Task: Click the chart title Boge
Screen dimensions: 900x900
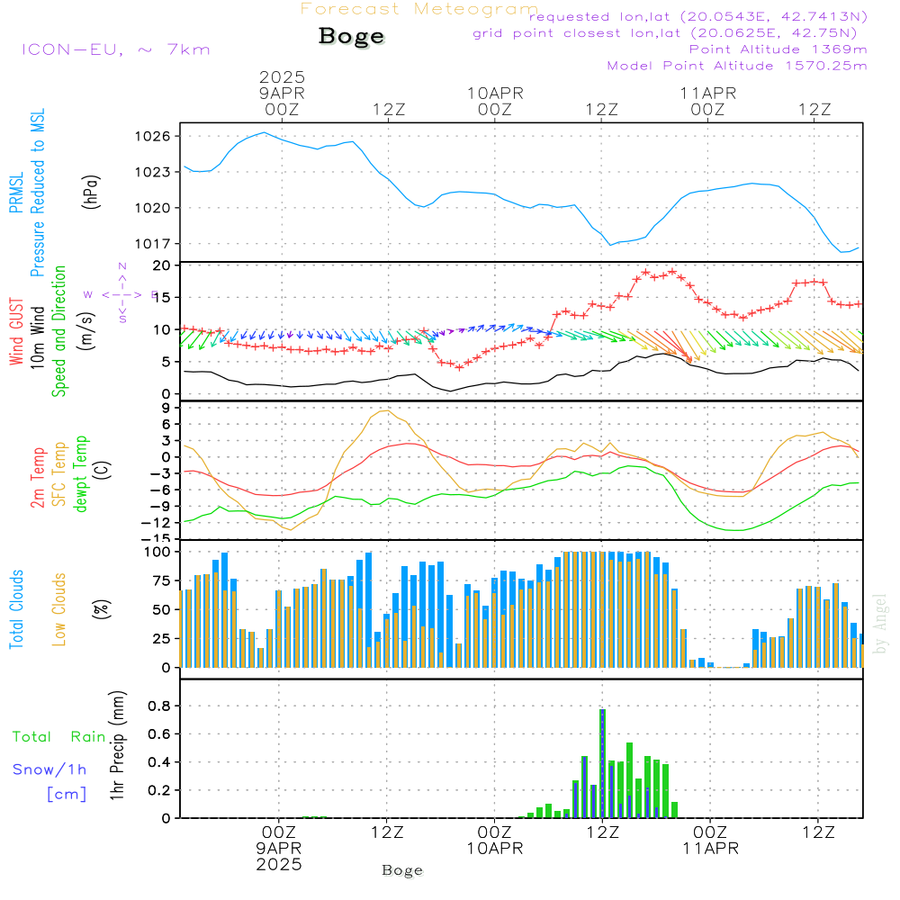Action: click(x=351, y=37)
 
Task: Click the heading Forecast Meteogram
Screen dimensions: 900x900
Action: click(x=419, y=9)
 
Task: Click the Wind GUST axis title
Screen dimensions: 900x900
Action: click(x=16, y=333)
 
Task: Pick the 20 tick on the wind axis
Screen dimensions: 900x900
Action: click(x=162, y=265)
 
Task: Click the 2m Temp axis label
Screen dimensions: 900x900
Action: click(x=38, y=477)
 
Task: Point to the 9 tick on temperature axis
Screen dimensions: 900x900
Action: click(x=165, y=408)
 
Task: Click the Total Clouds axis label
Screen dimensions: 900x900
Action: click(x=16, y=609)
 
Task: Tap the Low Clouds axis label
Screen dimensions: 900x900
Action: click(x=59, y=609)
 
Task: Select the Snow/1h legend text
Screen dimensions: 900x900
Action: click(x=49, y=769)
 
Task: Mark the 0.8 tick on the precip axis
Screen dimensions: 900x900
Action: click(x=158, y=706)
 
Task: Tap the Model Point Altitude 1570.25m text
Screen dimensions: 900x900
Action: click(x=736, y=65)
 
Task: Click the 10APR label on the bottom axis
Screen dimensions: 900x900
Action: click(x=494, y=848)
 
